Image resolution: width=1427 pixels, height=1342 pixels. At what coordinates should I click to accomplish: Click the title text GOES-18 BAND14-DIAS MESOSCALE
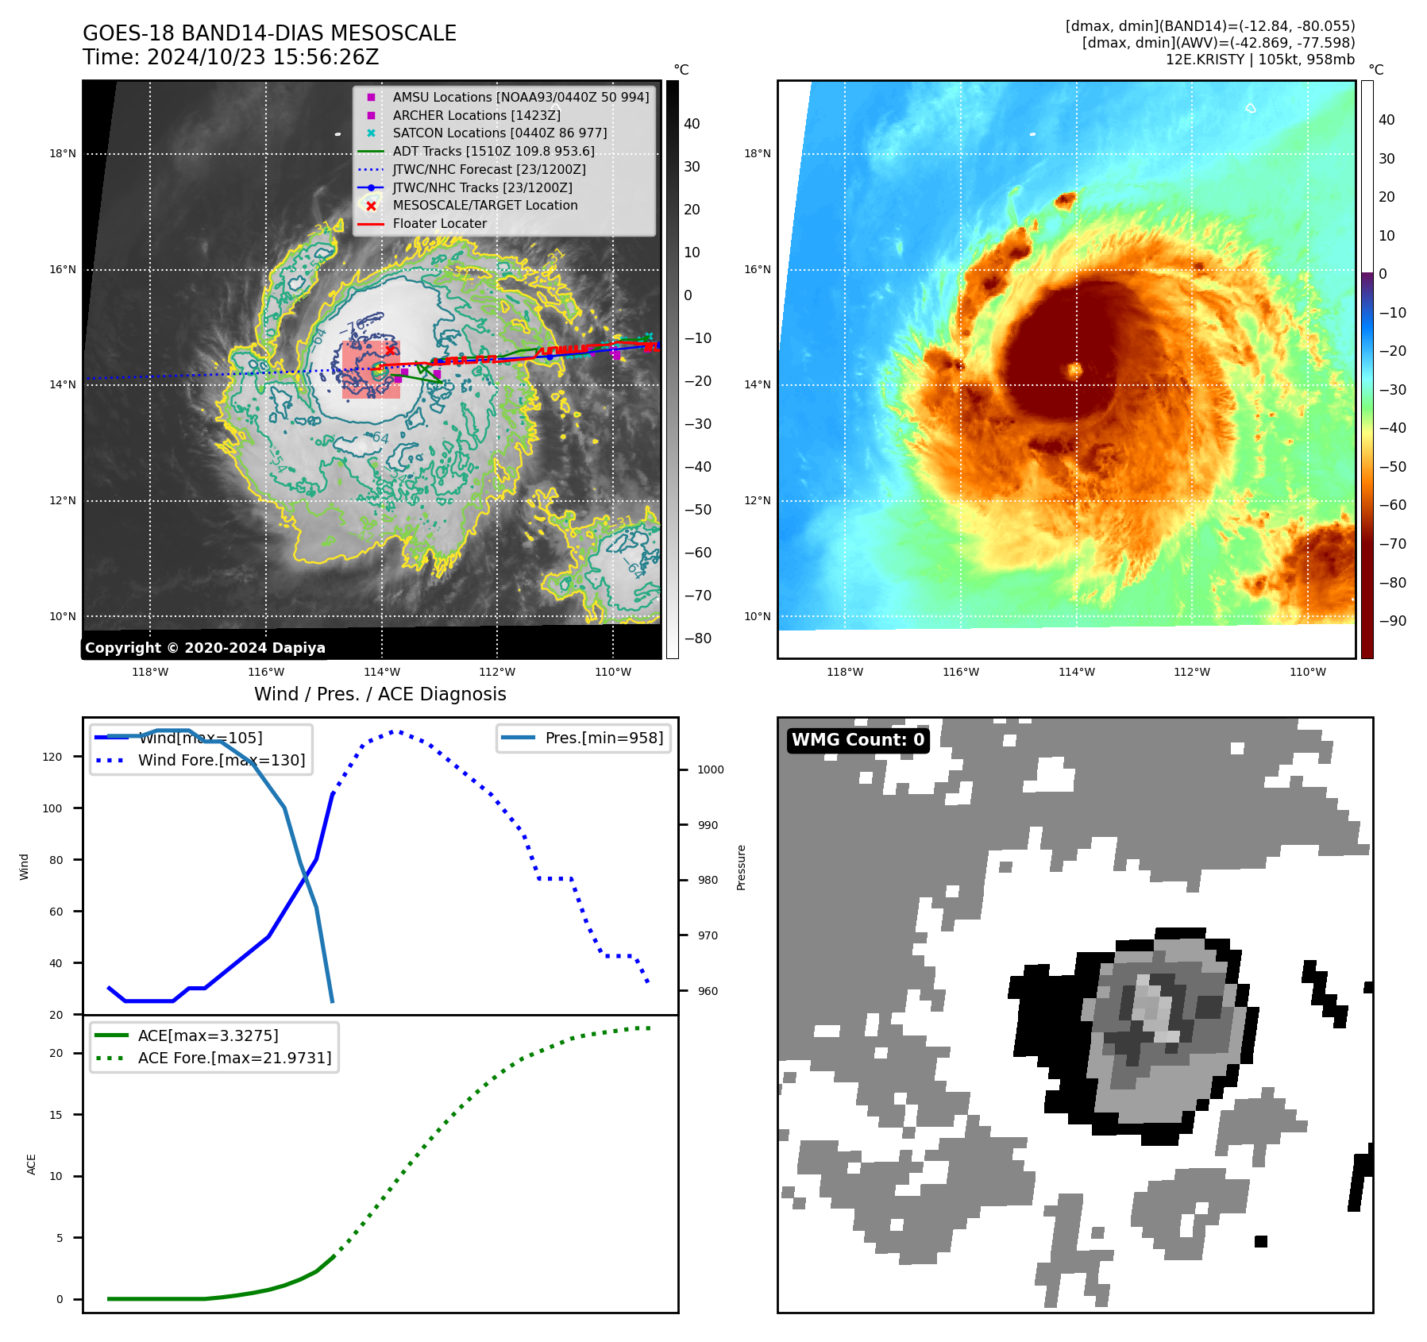point(269,33)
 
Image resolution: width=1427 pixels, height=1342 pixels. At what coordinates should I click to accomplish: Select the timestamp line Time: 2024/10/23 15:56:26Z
point(230,57)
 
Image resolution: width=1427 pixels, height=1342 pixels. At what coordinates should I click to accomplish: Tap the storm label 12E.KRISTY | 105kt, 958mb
point(1259,60)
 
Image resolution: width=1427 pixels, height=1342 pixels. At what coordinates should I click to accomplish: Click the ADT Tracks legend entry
point(493,151)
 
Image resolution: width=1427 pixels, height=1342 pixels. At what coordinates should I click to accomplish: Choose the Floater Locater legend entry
point(439,223)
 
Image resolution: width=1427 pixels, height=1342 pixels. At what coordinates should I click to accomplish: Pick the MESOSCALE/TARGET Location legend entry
point(484,205)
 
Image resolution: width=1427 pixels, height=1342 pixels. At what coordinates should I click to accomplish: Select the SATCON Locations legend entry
point(499,133)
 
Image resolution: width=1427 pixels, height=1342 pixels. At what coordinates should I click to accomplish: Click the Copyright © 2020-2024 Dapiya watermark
point(205,648)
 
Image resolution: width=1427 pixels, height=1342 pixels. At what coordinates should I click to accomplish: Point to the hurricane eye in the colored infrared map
point(1075,370)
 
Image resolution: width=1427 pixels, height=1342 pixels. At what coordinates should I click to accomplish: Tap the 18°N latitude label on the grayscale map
point(63,154)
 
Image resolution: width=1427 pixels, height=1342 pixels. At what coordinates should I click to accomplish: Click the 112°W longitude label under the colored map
point(1192,672)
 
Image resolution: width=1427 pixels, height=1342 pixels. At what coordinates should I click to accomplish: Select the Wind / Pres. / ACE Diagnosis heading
point(380,694)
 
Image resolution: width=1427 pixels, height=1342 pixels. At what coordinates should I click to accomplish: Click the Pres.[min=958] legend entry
point(604,738)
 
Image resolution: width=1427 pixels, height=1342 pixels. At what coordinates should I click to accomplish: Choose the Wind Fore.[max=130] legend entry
point(221,760)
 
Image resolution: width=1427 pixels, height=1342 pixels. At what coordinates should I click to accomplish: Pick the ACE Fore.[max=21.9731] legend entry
point(234,1058)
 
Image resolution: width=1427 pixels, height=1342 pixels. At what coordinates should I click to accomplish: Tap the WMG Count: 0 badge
point(858,740)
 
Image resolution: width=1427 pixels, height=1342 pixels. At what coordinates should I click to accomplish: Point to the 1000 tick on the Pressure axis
point(710,769)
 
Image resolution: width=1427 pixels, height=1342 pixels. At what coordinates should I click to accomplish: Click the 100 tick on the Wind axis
point(52,808)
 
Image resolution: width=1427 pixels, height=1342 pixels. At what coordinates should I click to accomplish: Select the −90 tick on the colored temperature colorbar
point(1392,621)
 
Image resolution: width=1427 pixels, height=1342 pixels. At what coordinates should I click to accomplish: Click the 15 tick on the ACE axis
point(56,1115)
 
